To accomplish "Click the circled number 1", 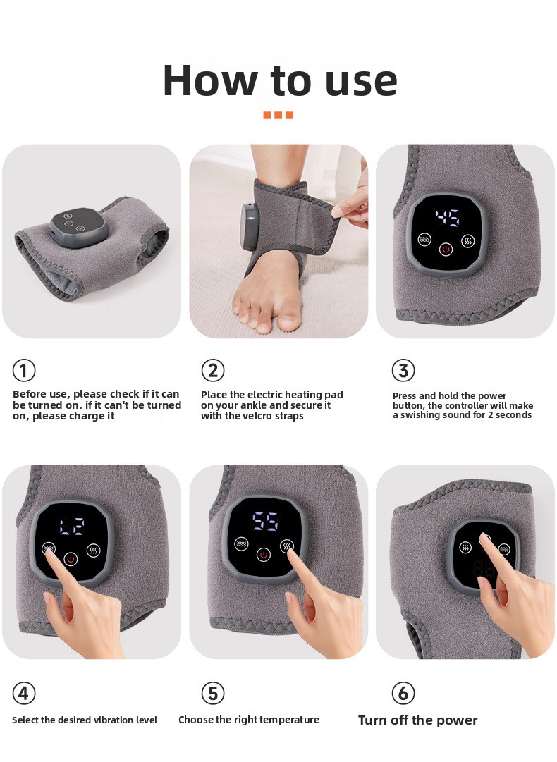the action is (x=24, y=370).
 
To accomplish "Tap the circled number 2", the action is (x=213, y=370).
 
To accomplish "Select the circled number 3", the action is (x=403, y=370).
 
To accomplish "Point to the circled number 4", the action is (x=24, y=693).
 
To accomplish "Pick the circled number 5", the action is (x=213, y=693).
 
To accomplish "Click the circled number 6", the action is (x=403, y=693).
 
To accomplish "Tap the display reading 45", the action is (x=447, y=219).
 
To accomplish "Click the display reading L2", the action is (x=72, y=527).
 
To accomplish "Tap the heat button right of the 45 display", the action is (x=468, y=240).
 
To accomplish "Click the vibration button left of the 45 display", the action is (x=424, y=240).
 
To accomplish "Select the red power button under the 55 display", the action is (x=264, y=555).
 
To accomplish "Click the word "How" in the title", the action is (x=210, y=80).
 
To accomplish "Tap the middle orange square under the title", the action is (x=278, y=115).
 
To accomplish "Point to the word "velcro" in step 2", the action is (x=257, y=416).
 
